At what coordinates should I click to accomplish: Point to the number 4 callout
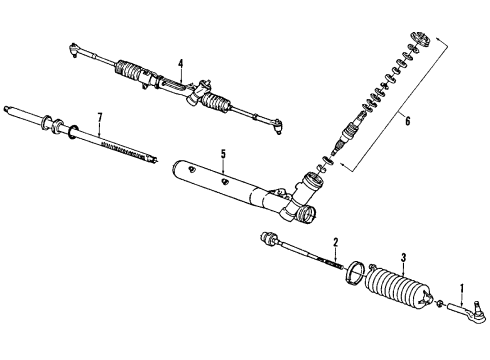pos(180,64)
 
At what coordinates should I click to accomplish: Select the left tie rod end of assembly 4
pos(75,45)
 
